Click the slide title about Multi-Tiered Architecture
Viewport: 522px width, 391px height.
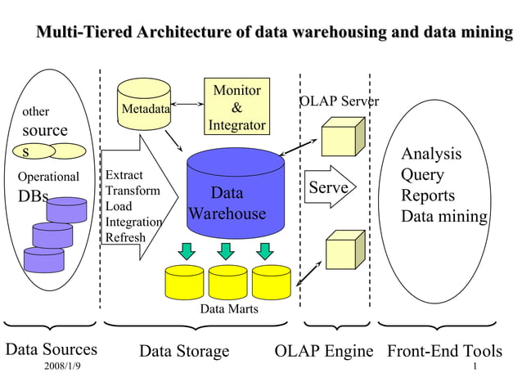273,34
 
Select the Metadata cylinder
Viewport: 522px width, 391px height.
145,105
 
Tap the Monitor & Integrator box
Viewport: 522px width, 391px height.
236,107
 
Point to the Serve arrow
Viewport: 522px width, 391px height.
329,188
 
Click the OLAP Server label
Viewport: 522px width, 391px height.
339,101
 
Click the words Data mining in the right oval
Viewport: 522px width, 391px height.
443,217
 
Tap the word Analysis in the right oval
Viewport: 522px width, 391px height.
430,154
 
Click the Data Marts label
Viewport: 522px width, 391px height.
229,309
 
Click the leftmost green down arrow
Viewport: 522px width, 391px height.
187,249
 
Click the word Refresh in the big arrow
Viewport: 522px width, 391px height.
125,238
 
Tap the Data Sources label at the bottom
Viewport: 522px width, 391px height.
52,350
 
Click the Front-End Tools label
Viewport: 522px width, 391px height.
444,351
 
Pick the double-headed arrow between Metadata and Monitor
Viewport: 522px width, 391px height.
188,104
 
